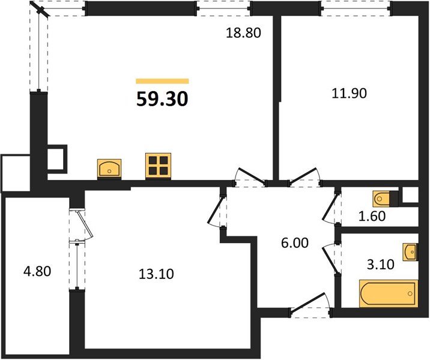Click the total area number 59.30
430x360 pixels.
tap(162, 99)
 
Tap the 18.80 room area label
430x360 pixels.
tap(243, 33)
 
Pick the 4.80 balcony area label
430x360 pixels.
tap(36, 271)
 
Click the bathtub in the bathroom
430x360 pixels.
tap(388, 293)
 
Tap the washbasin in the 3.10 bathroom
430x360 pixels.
tap(410, 252)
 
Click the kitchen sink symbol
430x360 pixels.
tap(109, 167)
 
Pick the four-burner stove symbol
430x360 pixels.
tap(158, 164)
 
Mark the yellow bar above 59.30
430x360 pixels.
tap(162, 81)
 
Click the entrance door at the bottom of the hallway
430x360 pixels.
tap(310, 305)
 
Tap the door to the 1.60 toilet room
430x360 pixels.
tap(331, 208)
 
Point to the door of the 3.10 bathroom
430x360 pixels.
tap(330, 256)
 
